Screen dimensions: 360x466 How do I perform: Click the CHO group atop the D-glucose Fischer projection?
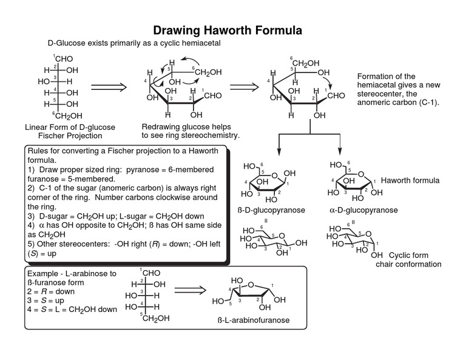64,59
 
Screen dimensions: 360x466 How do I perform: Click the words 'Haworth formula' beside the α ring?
410,181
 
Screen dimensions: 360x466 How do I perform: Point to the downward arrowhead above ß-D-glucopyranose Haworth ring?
279,154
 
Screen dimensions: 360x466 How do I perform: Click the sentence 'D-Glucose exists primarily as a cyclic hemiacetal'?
134,44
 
